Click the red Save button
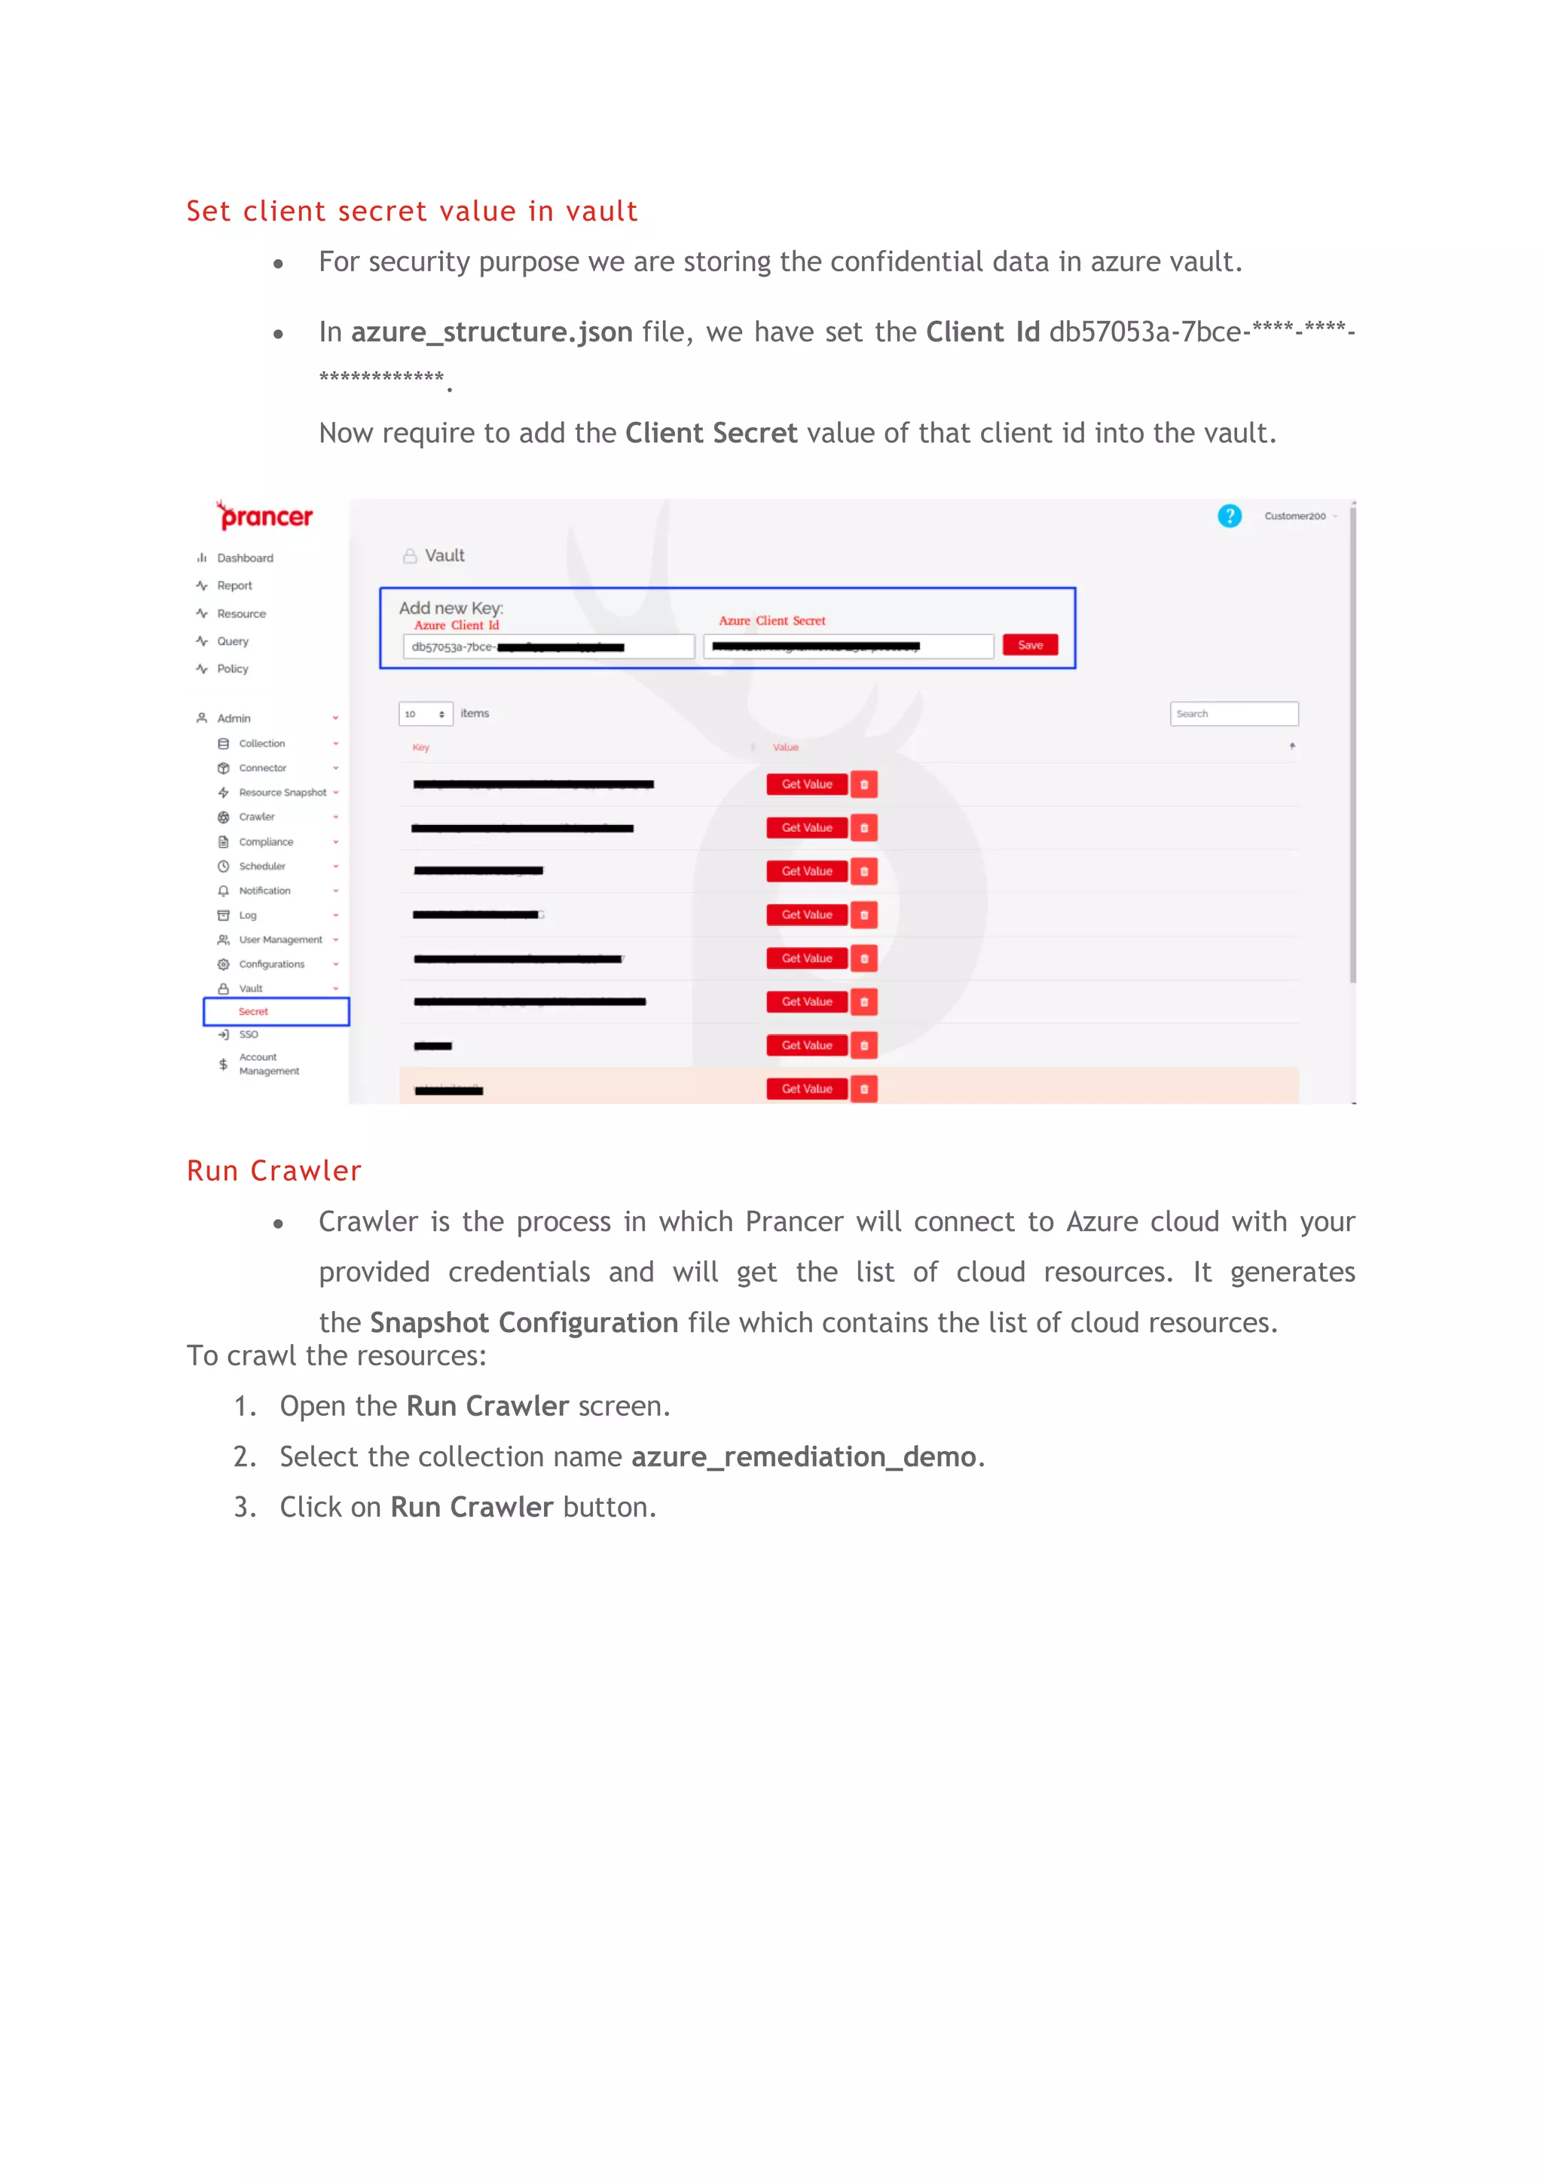[1030, 645]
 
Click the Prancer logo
[264, 516]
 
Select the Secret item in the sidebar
[254, 1011]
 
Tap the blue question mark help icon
[1229, 516]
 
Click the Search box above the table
[1233, 714]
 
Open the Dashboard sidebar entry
[244, 558]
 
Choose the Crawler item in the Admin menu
[256, 816]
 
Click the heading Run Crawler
[273, 1170]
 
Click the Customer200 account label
[1294, 516]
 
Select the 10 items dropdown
[425, 714]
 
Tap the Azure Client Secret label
[771, 621]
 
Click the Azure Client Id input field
[548, 647]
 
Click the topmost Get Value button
[807, 784]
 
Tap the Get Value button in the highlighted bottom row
[807, 1089]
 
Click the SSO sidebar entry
[248, 1034]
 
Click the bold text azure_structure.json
[491, 332]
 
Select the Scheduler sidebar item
[262, 866]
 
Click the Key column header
[421, 747]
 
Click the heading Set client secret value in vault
[411, 211]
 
